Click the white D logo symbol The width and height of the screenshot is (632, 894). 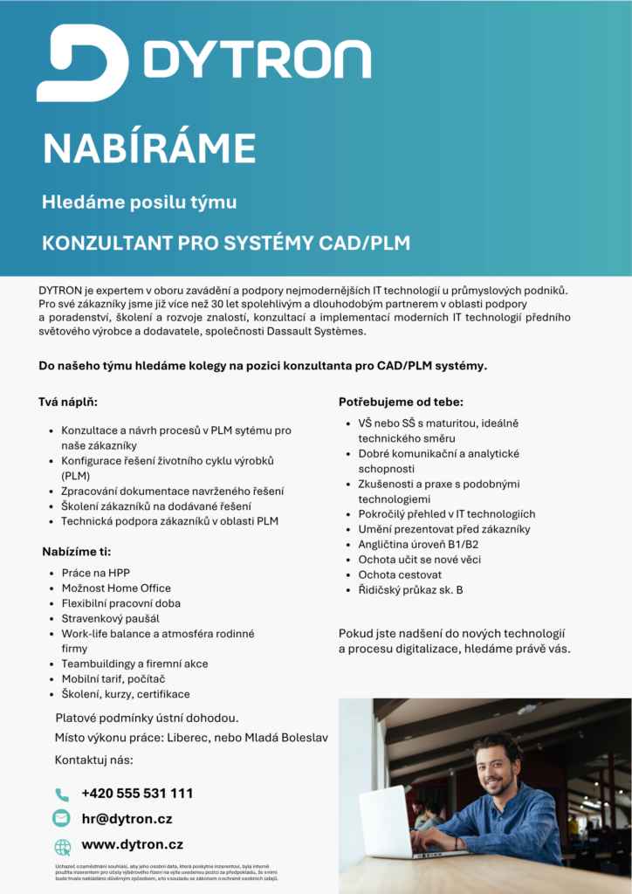[81, 62]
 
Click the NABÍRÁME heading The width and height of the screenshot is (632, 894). [149, 148]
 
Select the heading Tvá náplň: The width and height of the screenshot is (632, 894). [68, 402]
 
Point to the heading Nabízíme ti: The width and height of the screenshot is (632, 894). [77, 552]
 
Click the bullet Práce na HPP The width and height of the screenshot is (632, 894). [95, 573]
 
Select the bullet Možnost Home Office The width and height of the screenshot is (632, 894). [116, 588]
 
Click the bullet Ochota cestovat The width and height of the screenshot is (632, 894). [400, 574]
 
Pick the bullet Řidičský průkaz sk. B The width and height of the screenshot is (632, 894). [410, 590]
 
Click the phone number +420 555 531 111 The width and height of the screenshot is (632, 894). [137, 794]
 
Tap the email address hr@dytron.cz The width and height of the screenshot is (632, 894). [127, 819]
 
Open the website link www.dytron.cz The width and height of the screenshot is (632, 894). [132, 845]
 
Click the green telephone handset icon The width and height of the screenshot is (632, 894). [62, 794]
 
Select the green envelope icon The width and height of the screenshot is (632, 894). [62, 819]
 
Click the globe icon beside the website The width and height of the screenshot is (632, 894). [62, 846]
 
